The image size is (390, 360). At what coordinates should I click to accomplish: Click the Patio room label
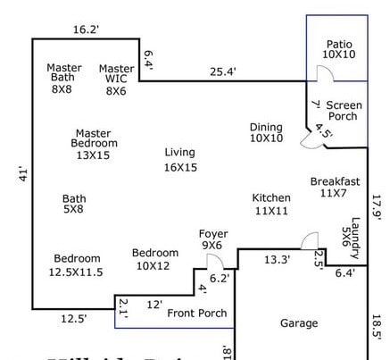(x=339, y=49)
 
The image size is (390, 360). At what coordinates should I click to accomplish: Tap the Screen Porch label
(x=344, y=111)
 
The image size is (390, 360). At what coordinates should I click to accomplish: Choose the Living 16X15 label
(x=179, y=159)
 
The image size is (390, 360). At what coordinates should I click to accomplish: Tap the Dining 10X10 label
(x=265, y=132)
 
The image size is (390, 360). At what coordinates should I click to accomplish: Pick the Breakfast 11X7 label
(x=335, y=187)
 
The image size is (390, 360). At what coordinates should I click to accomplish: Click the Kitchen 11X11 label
(x=270, y=204)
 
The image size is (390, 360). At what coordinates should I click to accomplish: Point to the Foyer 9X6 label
(x=212, y=239)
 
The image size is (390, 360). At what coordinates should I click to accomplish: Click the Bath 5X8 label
(x=74, y=204)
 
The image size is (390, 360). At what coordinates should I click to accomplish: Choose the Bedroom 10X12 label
(x=154, y=259)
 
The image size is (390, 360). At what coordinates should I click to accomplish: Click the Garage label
(x=299, y=323)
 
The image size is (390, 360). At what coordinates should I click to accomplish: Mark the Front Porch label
(x=196, y=313)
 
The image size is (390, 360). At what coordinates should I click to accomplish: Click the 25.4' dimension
(x=223, y=72)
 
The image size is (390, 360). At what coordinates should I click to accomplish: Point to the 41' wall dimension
(x=23, y=175)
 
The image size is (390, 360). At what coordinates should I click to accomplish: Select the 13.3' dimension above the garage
(x=278, y=260)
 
